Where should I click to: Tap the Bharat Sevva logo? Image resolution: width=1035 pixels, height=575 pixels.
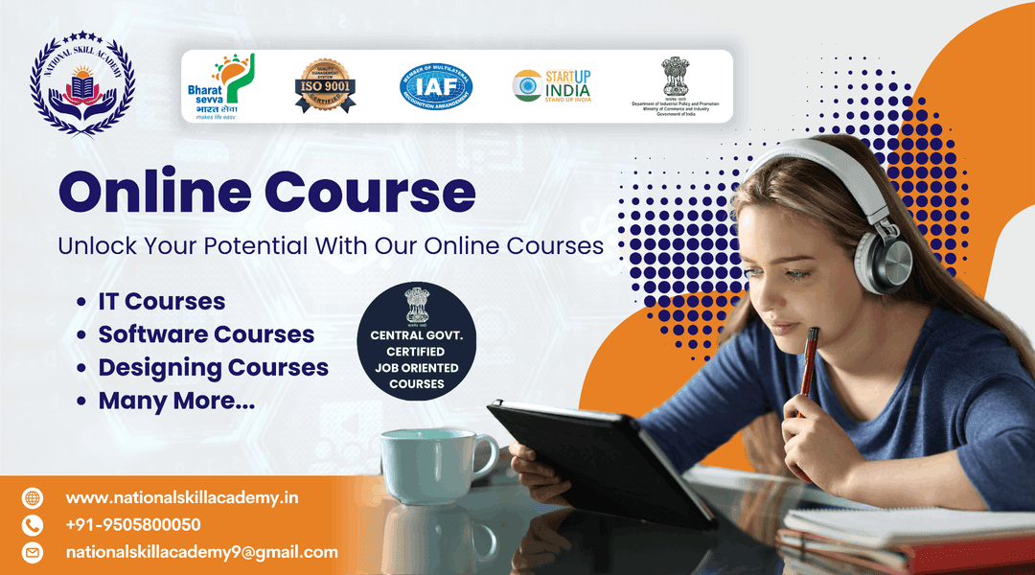(x=219, y=86)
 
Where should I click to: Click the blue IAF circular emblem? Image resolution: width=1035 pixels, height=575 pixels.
(x=436, y=86)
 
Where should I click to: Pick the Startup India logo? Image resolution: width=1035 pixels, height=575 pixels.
(x=552, y=86)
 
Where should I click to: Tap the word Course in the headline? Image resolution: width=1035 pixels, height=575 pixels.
(x=370, y=193)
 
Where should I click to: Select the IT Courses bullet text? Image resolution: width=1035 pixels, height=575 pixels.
(x=161, y=302)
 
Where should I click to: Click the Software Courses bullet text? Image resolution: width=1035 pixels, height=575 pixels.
(x=206, y=334)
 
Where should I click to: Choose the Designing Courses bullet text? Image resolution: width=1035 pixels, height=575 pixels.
(x=213, y=368)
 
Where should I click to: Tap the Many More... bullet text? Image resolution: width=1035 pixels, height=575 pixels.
(x=176, y=401)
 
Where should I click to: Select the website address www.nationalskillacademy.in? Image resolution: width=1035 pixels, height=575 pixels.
(x=182, y=497)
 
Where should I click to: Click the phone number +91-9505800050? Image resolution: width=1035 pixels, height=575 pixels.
(x=133, y=524)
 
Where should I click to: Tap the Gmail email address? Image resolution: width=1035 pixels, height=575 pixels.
(x=201, y=552)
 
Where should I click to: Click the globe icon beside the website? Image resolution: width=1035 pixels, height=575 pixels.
(x=34, y=497)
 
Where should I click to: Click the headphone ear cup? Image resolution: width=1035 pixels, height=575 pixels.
(x=885, y=261)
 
